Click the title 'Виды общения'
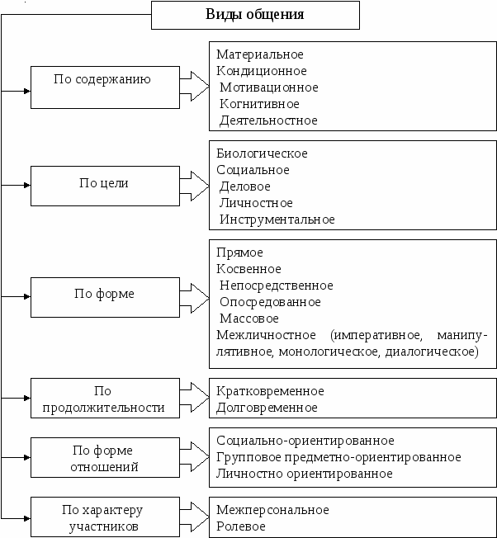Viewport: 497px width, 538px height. (254, 14)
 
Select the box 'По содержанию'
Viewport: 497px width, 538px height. (105, 87)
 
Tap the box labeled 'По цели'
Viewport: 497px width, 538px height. (105, 186)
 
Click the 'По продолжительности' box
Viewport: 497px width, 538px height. (105, 398)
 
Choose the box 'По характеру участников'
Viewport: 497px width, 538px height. (105, 517)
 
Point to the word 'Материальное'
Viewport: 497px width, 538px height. (260, 54)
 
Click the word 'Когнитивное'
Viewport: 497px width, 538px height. (259, 104)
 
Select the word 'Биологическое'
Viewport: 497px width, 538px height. (262, 153)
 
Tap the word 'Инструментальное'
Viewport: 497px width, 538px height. (277, 219)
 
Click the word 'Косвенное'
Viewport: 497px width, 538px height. (248, 269)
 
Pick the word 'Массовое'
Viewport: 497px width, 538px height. (249, 319)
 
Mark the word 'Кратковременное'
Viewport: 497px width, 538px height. (270, 391)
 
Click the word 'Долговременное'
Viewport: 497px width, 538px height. (267, 408)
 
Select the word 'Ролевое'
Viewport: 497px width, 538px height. (241, 526)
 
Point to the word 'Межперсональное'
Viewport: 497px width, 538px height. (273, 510)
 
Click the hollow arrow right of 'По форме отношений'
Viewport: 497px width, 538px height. (194, 456)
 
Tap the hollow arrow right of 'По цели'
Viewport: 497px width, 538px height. (194, 186)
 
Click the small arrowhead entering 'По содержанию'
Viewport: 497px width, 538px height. (27, 91)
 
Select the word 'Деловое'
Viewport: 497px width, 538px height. (245, 186)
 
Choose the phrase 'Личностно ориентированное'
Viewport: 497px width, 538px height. (305, 474)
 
